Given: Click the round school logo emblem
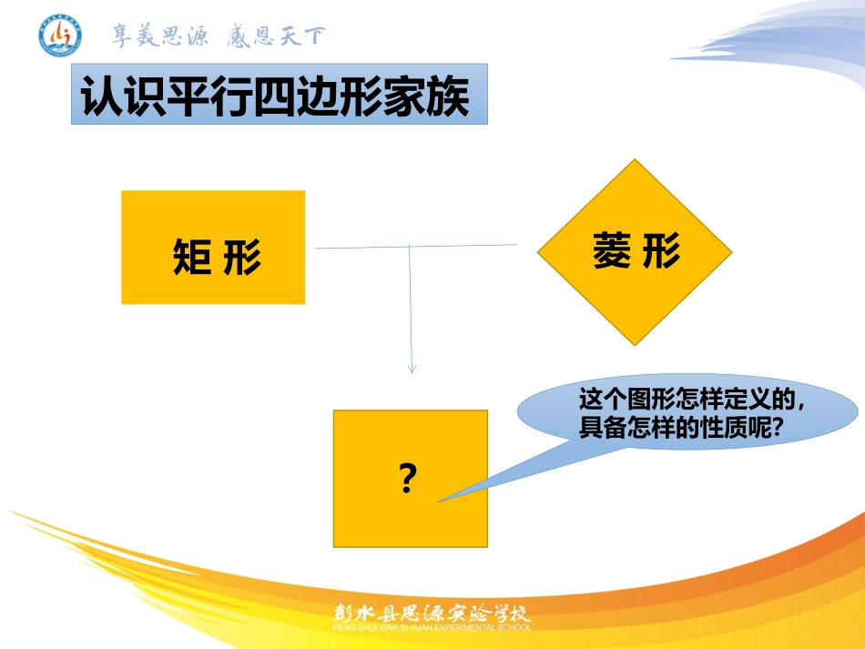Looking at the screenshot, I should (x=60, y=35).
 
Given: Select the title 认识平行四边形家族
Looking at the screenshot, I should (x=276, y=96).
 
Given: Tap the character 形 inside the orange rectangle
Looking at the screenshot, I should (x=241, y=257).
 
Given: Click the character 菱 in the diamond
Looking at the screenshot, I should (x=611, y=250).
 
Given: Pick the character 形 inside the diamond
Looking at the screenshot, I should (x=661, y=250).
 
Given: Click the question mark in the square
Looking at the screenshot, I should (x=409, y=478).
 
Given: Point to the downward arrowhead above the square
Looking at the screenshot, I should (x=412, y=369).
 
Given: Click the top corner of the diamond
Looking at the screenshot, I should (x=635, y=160).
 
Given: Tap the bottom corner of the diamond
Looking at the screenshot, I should (x=635, y=345).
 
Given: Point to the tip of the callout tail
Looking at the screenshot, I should (x=437, y=502).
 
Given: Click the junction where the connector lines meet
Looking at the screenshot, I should (x=409, y=246).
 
